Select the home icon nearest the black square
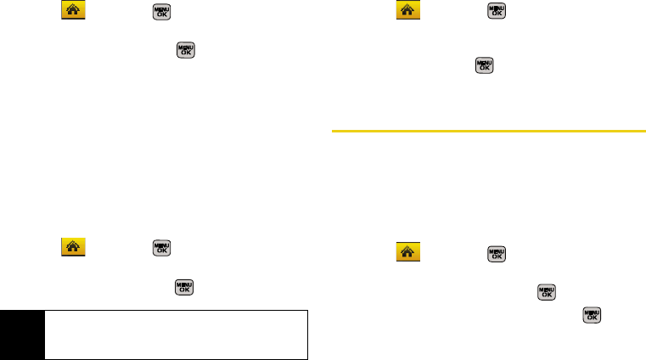pyautogui.click(x=72, y=247)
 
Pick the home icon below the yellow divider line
pyautogui.click(x=409, y=252)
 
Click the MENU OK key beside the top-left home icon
pyautogui.click(x=160, y=12)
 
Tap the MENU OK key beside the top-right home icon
pyautogui.click(x=495, y=12)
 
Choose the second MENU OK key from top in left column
pyautogui.click(x=184, y=49)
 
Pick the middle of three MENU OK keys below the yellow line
pyautogui.click(x=546, y=292)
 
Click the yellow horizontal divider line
pyautogui.click(x=488, y=132)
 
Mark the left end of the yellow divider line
pyautogui.click(x=331, y=132)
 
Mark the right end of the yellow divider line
pyautogui.click(x=644, y=132)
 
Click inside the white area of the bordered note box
pyautogui.click(x=170, y=335)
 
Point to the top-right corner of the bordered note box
pyautogui.click(x=307, y=309)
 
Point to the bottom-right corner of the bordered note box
pyautogui.click(x=307, y=359)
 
